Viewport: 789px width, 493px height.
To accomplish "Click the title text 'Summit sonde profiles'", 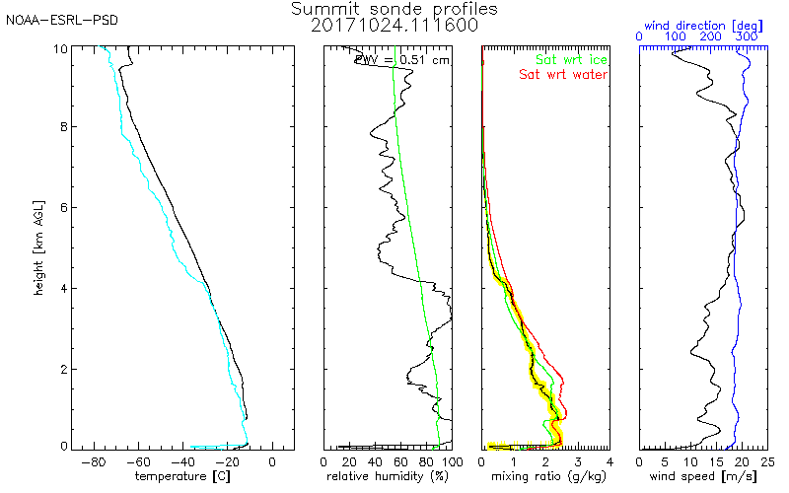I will [394, 9].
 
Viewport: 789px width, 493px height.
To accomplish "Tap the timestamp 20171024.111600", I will [394, 26].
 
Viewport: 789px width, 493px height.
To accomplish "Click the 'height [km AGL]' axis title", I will [37, 247].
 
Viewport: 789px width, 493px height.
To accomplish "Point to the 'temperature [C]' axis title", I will [184, 476].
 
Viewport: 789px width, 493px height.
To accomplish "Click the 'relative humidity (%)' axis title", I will [388, 476].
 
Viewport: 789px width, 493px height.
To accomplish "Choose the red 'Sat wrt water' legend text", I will [564, 74].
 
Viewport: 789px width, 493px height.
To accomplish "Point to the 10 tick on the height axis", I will [60, 48].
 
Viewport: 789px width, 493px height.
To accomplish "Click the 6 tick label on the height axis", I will [63, 208].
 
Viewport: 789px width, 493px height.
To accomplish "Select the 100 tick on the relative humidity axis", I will [451, 461].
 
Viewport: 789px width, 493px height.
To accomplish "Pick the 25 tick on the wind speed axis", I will [766, 461].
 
